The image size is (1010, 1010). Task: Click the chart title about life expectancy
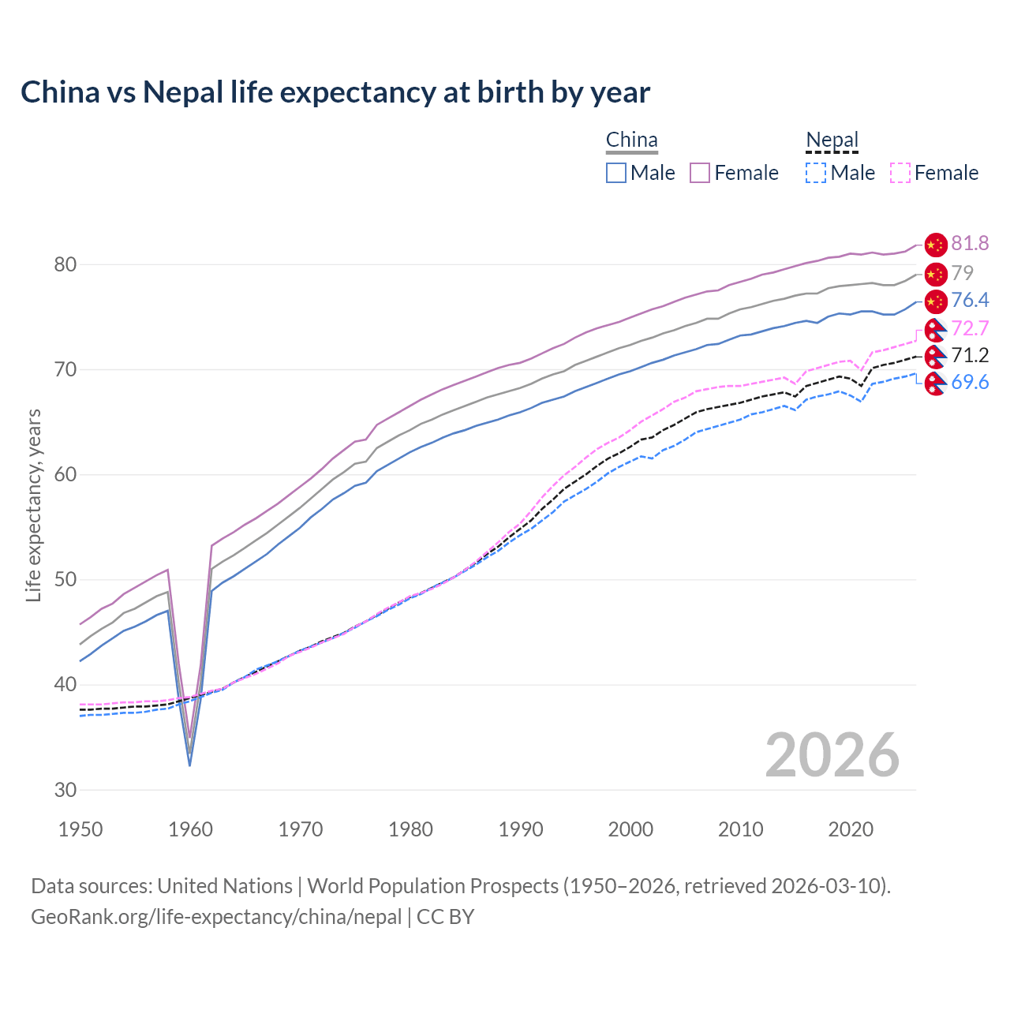click(335, 92)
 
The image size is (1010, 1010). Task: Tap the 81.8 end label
click(970, 244)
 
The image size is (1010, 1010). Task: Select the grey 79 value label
click(962, 273)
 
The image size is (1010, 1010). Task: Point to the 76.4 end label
click(970, 300)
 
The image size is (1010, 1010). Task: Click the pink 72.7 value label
click(970, 328)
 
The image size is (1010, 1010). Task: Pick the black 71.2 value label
click(970, 355)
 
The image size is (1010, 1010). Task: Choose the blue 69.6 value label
click(970, 383)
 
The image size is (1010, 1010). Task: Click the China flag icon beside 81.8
click(935, 245)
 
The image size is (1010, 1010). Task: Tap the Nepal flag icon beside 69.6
click(935, 384)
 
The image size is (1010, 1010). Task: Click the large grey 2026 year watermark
click(832, 755)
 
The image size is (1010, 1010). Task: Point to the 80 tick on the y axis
click(65, 264)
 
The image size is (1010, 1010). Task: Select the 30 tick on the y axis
click(65, 790)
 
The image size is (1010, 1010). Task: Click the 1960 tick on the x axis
click(191, 829)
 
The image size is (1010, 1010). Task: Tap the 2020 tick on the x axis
click(851, 829)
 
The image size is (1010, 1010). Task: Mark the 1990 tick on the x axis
click(521, 829)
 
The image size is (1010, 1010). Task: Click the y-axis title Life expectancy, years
click(33, 505)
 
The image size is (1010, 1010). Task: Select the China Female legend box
click(700, 173)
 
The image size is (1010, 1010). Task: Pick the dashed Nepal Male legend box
click(816, 173)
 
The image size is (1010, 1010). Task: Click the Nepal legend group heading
click(832, 140)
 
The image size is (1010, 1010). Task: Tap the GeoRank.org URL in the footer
click(216, 917)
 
